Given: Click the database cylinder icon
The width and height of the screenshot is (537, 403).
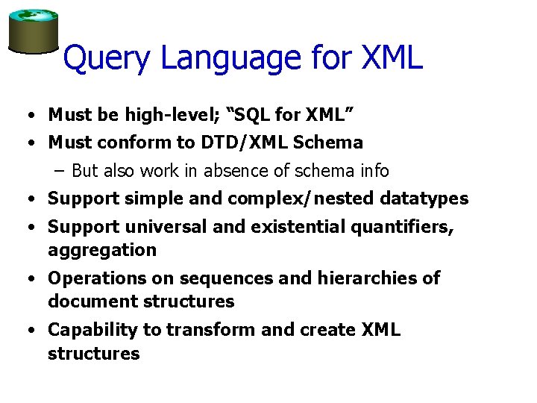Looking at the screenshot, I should point(33,31).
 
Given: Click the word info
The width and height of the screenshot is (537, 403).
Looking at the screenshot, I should point(373,171).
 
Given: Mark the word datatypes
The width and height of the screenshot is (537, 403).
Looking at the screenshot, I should point(425,199).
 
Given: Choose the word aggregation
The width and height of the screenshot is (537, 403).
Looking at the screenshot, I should point(102,250).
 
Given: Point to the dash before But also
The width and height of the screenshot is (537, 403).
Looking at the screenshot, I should point(60,171).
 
